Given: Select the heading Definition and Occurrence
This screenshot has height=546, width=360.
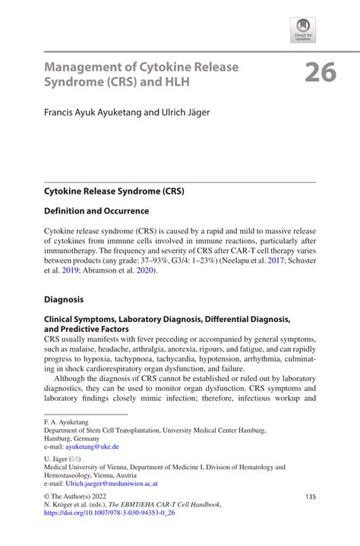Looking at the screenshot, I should click(96, 210).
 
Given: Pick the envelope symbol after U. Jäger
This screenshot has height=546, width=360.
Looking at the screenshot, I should click(76, 461).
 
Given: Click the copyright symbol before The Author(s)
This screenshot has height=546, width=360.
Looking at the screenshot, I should click(48, 497).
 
